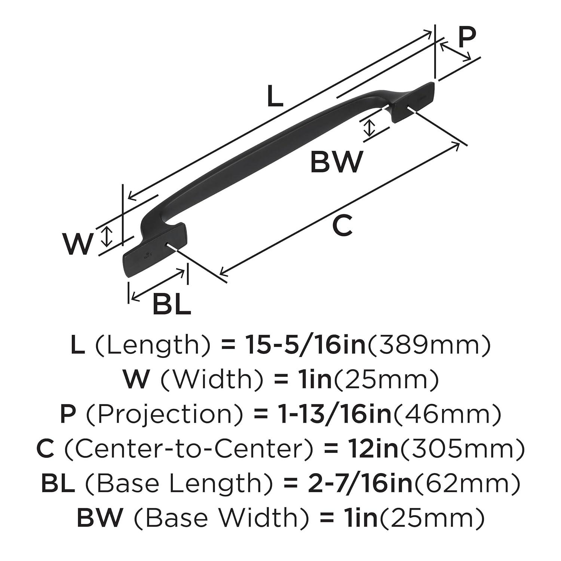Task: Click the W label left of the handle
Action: [x=77, y=243]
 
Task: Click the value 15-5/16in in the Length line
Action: [x=304, y=345]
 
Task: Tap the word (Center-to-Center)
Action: [x=189, y=449]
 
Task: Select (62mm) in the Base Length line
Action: [x=467, y=483]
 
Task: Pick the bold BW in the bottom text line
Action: [x=99, y=518]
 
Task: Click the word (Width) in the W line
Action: [x=211, y=380]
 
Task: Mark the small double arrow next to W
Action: [x=107, y=237]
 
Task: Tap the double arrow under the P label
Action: [x=455, y=52]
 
